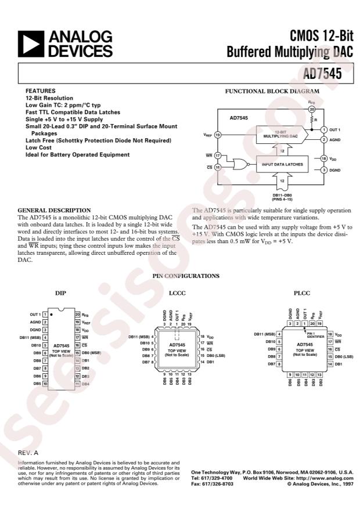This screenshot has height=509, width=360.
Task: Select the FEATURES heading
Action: tap(40, 92)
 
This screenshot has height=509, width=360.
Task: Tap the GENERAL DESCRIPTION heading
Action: tap(54, 210)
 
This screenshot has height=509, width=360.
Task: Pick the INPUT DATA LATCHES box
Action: tap(282, 164)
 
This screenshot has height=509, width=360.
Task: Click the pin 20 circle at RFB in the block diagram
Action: tap(311, 109)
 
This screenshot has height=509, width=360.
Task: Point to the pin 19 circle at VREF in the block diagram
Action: tap(217, 135)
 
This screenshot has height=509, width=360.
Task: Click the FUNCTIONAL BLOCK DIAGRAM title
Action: tap(272, 92)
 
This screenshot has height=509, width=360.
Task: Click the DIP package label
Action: tap(60, 294)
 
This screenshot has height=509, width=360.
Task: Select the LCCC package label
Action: tap(178, 294)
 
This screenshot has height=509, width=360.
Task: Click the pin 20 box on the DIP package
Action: tap(77, 315)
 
